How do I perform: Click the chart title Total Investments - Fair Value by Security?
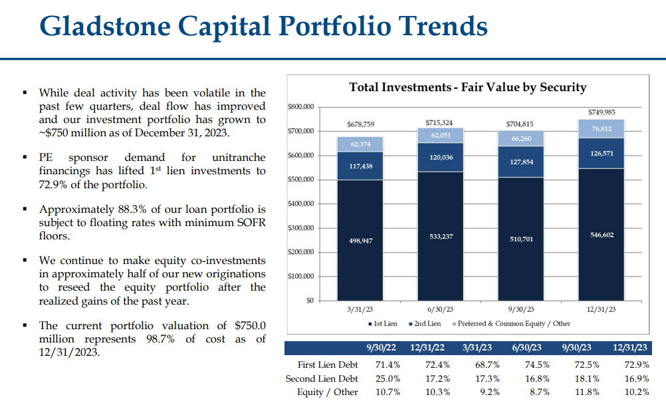[468, 87]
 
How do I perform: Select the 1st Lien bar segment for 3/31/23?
[360, 240]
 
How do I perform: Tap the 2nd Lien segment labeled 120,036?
[441, 158]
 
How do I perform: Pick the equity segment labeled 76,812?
[601, 128]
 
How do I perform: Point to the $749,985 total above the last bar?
[601, 112]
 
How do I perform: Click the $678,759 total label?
[360, 124]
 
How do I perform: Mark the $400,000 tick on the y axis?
[300, 204]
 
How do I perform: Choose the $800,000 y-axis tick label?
[300, 106]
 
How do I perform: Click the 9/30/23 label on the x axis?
[521, 309]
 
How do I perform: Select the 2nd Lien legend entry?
[425, 324]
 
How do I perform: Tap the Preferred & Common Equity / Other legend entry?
[511, 324]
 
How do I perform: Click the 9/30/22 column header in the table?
[383, 348]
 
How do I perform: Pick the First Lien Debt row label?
[328, 364]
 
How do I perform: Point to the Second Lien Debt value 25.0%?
[388, 378]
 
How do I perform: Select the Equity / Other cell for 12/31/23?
[637, 392]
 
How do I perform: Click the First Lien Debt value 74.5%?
[536, 364]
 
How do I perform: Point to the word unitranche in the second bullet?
[239, 158]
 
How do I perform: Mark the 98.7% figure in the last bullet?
[161, 339]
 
